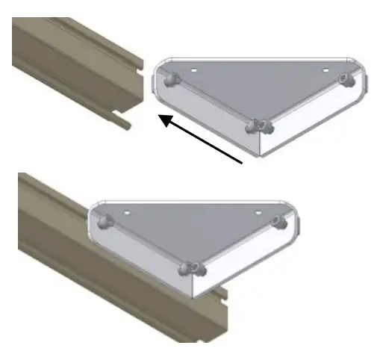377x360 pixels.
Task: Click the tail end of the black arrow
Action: point(244,161)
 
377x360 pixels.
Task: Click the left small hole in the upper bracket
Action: point(193,67)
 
